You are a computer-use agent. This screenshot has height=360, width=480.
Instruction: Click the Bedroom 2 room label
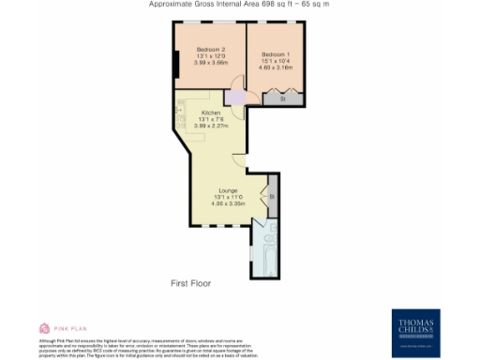click(x=209, y=50)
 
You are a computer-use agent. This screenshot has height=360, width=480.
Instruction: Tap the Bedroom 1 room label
click(x=276, y=54)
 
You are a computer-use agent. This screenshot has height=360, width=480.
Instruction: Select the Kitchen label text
click(x=210, y=112)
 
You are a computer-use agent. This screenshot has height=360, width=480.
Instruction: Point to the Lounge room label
click(x=228, y=190)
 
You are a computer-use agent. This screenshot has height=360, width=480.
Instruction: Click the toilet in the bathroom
click(x=273, y=229)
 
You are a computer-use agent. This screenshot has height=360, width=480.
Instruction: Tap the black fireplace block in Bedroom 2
click(x=176, y=65)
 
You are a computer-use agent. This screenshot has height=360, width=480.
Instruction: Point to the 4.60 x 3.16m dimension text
click(x=276, y=67)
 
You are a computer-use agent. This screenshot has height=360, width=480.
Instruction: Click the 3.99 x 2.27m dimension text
click(x=210, y=126)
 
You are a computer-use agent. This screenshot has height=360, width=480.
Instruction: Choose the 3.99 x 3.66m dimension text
click(x=209, y=62)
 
